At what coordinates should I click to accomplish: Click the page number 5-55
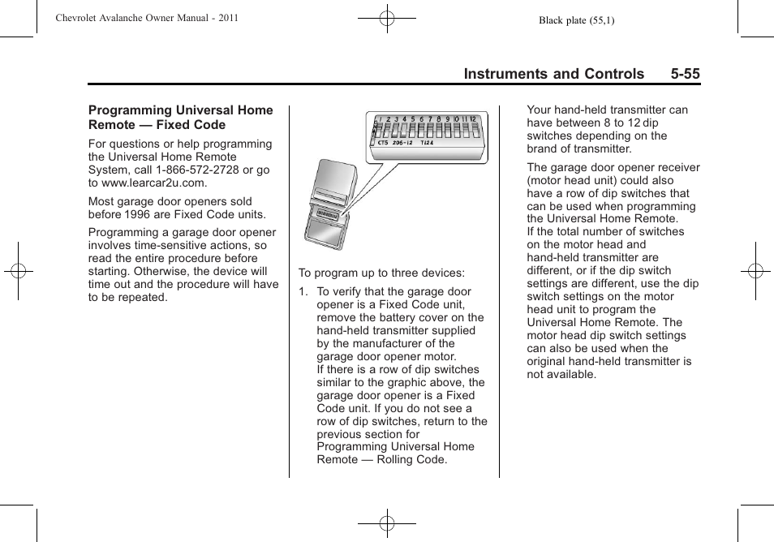pos(685,74)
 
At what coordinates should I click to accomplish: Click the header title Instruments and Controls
pos(554,74)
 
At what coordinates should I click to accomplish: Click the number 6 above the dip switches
pos(421,119)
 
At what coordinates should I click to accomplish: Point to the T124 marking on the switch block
pos(427,144)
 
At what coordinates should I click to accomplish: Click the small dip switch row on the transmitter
pos(328,214)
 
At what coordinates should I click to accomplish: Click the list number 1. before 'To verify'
pos(303,292)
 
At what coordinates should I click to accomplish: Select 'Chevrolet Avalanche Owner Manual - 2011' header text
pos(147,18)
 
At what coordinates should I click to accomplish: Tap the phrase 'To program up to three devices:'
pos(381,273)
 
